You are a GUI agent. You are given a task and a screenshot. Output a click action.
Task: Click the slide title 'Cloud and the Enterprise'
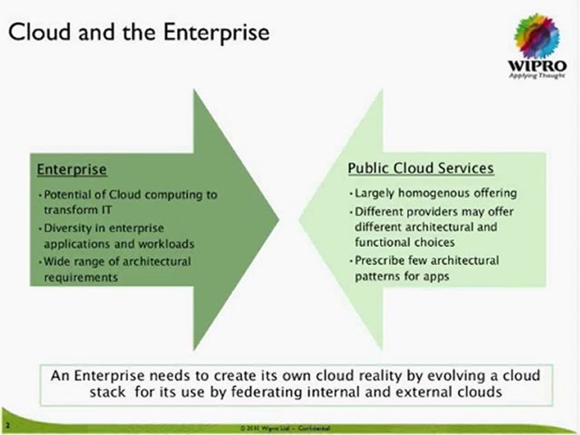pyautogui.click(x=138, y=32)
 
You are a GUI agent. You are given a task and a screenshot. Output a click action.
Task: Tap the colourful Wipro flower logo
pyautogui.click(x=536, y=36)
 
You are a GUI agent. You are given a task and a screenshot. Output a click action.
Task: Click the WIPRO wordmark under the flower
pyautogui.click(x=536, y=66)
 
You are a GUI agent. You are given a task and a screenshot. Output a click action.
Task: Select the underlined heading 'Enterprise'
pyautogui.click(x=72, y=170)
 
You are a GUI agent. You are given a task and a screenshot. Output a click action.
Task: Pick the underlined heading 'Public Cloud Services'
pyautogui.click(x=421, y=168)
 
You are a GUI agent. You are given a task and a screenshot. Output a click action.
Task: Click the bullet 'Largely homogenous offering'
pyautogui.click(x=434, y=193)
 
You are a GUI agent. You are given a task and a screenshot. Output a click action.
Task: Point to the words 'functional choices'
pyautogui.click(x=405, y=242)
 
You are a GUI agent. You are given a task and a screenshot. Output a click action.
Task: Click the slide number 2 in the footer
pyautogui.click(x=7, y=427)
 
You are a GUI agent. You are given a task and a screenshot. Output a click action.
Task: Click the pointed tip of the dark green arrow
pyautogui.click(x=277, y=219)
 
